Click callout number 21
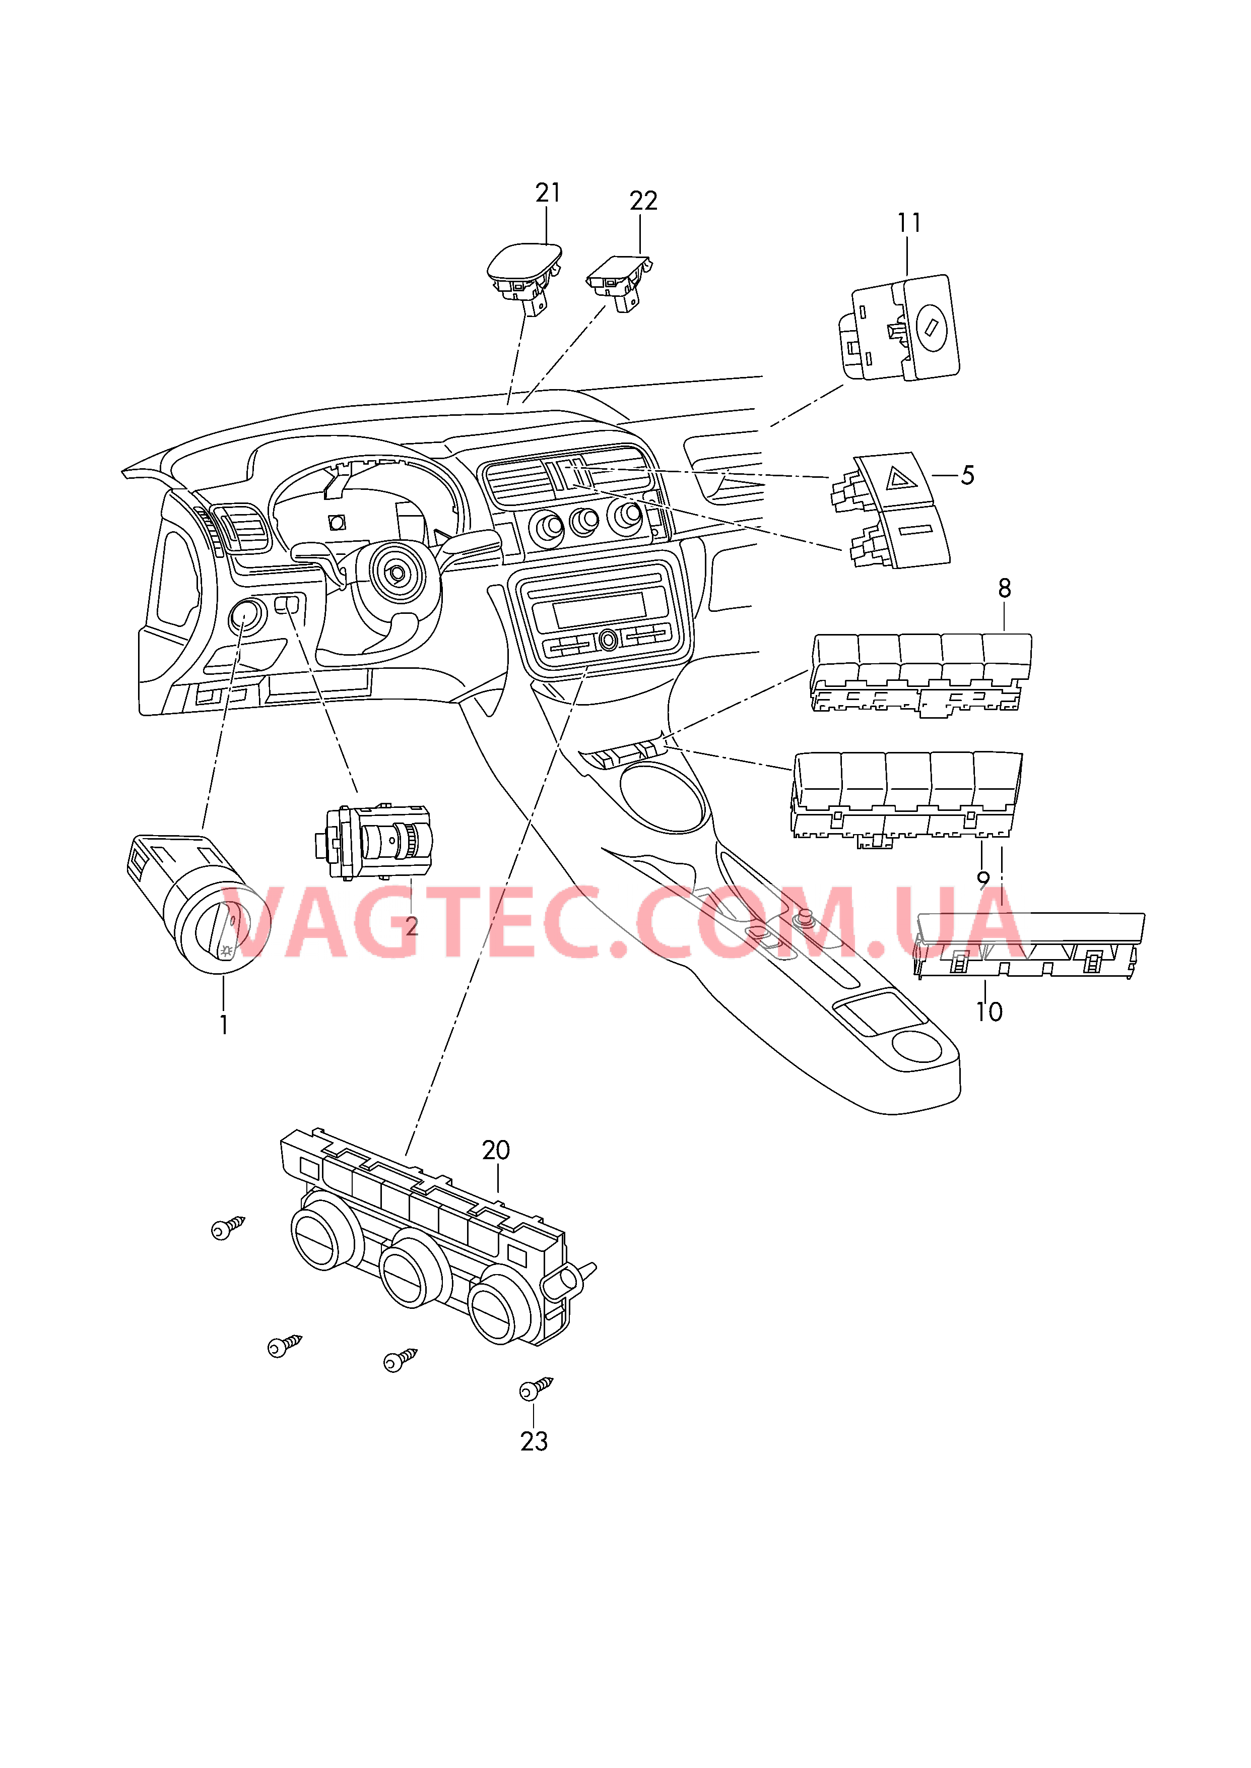click(x=548, y=193)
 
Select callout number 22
click(x=643, y=201)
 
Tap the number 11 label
click(x=909, y=223)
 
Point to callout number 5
click(x=967, y=475)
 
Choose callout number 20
click(x=496, y=1150)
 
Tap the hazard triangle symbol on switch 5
click(x=898, y=479)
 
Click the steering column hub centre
click(x=396, y=573)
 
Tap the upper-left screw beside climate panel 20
click(x=227, y=1228)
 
